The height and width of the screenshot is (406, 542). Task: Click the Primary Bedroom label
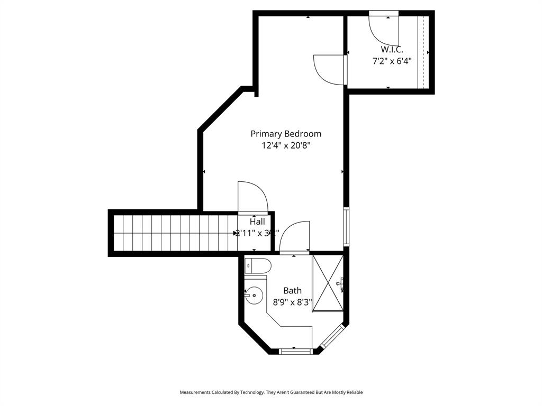pos(286,134)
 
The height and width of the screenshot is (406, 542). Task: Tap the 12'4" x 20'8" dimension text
pos(286,145)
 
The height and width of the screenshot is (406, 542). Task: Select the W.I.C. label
pos(392,49)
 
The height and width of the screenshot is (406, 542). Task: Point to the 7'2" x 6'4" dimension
pos(392,61)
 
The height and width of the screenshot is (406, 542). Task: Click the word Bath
pos(292,290)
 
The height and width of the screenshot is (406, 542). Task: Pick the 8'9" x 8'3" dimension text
pos(292,302)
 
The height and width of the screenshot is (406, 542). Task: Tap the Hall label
pos(257,222)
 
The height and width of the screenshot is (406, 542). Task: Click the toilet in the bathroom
pos(258,266)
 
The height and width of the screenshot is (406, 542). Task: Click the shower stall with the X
pos(328,283)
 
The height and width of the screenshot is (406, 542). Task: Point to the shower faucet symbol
pos(340,284)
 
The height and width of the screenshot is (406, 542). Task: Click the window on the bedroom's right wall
pos(346,227)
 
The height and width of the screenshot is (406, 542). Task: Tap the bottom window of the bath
pos(295,350)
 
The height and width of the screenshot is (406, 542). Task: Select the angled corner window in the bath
pos(332,338)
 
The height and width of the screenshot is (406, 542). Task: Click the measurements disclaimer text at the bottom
pos(271,392)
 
